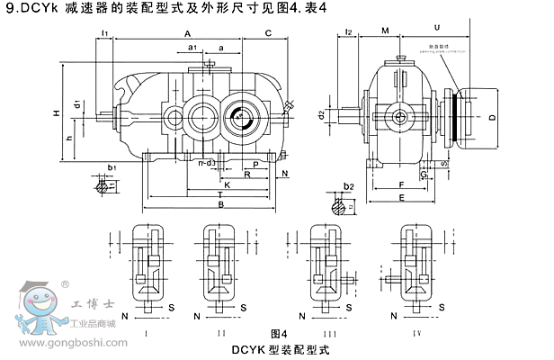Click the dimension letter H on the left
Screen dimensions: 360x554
pyautogui.click(x=56, y=113)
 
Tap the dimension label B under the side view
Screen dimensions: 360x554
pyautogui.click(x=220, y=204)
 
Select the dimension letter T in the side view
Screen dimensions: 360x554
pyautogui.click(x=220, y=193)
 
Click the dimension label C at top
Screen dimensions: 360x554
pyautogui.click(x=268, y=33)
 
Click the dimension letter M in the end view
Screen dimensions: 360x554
pyautogui.click(x=385, y=31)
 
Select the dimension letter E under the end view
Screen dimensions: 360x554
pyautogui.click(x=400, y=197)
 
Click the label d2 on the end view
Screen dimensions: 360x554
pyautogui.click(x=322, y=114)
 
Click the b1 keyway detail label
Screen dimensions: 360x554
pyautogui.click(x=112, y=167)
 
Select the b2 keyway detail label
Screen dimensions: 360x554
pyautogui.click(x=351, y=187)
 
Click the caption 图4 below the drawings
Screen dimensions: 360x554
pyautogui.click(x=278, y=333)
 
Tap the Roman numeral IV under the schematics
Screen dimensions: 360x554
pyautogui.click(x=415, y=333)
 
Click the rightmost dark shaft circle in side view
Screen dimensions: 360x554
pyautogui.click(x=240, y=116)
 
